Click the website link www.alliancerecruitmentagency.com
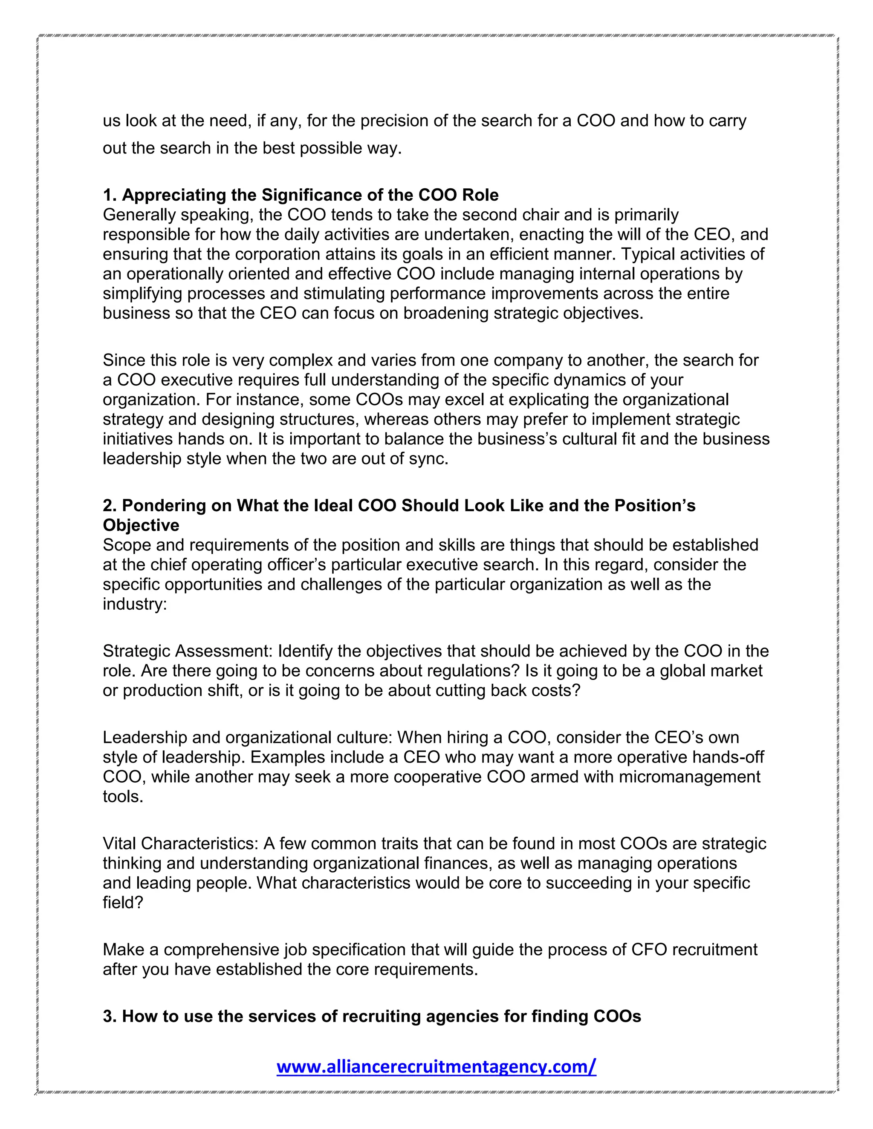point(436,1066)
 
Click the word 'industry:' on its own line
point(134,604)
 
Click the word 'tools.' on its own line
point(123,796)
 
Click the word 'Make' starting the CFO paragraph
point(123,950)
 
